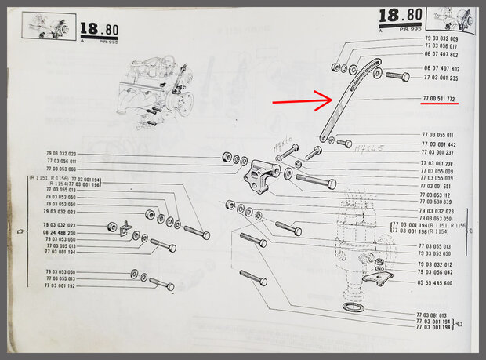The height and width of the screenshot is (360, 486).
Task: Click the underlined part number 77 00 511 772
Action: click(439, 99)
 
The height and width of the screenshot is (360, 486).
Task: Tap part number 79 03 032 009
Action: click(441, 38)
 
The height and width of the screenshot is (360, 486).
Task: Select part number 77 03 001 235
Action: click(441, 78)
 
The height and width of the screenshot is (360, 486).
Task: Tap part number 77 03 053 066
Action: click(60, 169)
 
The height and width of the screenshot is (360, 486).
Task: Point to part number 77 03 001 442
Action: click(438, 144)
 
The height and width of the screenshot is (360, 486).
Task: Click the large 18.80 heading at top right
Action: click(401, 15)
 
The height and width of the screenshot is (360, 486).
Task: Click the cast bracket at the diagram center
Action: click(259, 177)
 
